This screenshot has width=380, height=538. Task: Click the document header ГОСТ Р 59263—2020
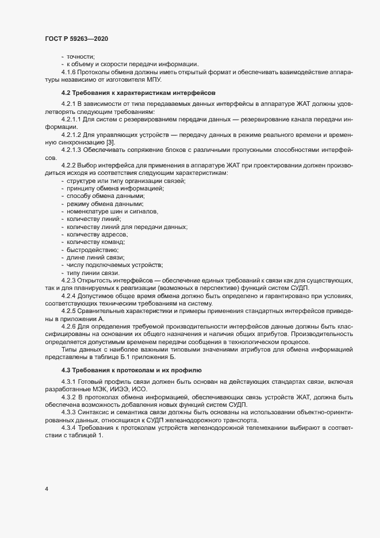pyautogui.click(x=76, y=39)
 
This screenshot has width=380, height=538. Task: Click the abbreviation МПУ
pyautogui.click(x=150, y=81)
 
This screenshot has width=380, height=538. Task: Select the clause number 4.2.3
pyautogui.click(x=69, y=280)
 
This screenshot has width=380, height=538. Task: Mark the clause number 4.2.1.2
pyautogui.click(x=72, y=134)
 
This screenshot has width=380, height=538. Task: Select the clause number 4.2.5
pyautogui.click(x=69, y=311)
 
